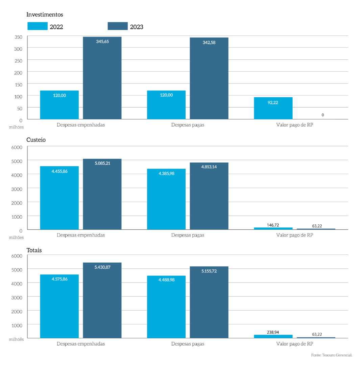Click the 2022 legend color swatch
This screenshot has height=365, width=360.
(x=37, y=26)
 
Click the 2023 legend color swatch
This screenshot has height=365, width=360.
(x=118, y=26)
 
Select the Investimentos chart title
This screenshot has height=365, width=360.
(x=45, y=15)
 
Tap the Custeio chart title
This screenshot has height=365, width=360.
(x=36, y=140)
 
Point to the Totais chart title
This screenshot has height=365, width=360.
(x=34, y=250)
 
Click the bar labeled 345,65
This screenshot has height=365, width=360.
(x=102, y=78)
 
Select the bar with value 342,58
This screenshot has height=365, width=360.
(x=209, y=78)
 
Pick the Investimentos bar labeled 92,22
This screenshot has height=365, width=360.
(x=273, y=108)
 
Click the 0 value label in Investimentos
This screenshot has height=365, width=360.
(x=322, y=115)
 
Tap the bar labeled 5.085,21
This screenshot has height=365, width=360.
(x=102, y=194)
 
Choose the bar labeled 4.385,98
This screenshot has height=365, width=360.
(x=166, y=199)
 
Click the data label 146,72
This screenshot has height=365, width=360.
(x=273, y=225)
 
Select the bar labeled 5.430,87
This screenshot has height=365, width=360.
(x=102, y=300)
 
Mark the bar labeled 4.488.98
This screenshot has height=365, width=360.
(x=166, y=307)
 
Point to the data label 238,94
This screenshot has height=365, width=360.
(x=273, y=332)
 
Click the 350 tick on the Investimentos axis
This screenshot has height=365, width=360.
(x=19, y=37)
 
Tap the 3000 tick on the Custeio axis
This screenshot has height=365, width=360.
(x=17, y=189)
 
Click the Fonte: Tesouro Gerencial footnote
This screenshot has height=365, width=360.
(x=332, y=355)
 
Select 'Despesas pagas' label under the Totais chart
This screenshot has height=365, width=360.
(x=188, y=344)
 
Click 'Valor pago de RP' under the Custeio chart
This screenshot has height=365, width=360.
(x=294, y=235)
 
